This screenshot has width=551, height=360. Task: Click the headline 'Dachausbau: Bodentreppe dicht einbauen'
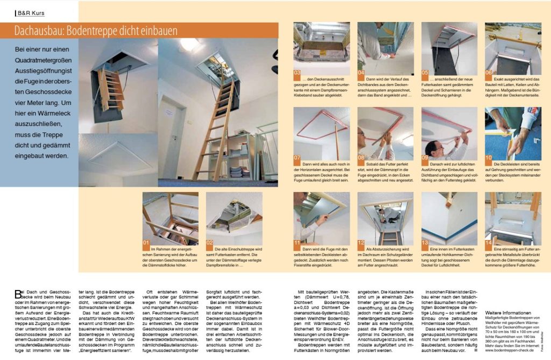(x=100, y=30)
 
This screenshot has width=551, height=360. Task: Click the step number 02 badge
(x=210, y=242)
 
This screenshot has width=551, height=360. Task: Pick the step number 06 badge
(x=489, y=72)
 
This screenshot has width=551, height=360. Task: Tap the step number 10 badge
(x=489, y=158)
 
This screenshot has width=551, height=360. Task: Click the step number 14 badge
(x=489, y=243)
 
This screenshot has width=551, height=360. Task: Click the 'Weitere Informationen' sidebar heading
(x=509, y=312)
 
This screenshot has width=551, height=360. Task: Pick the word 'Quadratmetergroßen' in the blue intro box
(x=43, y=64)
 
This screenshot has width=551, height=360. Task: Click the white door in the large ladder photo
(x=174, y=129)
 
